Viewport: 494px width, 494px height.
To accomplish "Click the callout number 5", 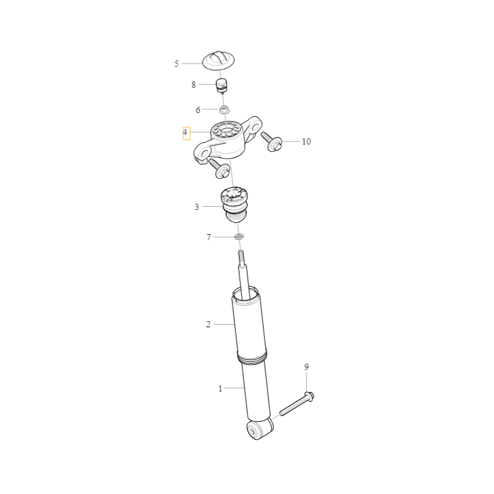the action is [x=177, y=64].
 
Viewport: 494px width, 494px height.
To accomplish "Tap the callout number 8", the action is [x=193, y=85].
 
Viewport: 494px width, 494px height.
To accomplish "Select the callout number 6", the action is [x=198, y=110].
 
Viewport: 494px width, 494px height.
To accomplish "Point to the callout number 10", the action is [x=306, y=141].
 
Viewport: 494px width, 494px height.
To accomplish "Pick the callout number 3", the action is [x=196, y=207].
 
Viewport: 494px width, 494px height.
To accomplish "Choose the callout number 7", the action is [x=209, y=237].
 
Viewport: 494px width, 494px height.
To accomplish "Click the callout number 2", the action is [x=208, y=324].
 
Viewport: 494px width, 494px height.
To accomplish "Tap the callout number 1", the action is [x=220, y=388].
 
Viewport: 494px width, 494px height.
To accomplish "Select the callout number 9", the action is [x=306, y=367].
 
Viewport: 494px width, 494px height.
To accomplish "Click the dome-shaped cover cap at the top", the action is [x=219, y=60].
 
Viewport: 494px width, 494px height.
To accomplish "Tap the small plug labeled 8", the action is [x=222, y=86].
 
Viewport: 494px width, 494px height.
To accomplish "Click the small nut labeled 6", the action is [x=224, y=110].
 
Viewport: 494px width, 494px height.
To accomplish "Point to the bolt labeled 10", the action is [x=272, y=141].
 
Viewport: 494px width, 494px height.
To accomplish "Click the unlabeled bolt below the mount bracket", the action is [x=219, y=168].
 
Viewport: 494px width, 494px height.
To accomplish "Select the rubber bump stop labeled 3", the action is [x=235, y=205].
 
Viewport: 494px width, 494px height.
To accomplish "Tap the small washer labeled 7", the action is [x=240, y=237].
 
